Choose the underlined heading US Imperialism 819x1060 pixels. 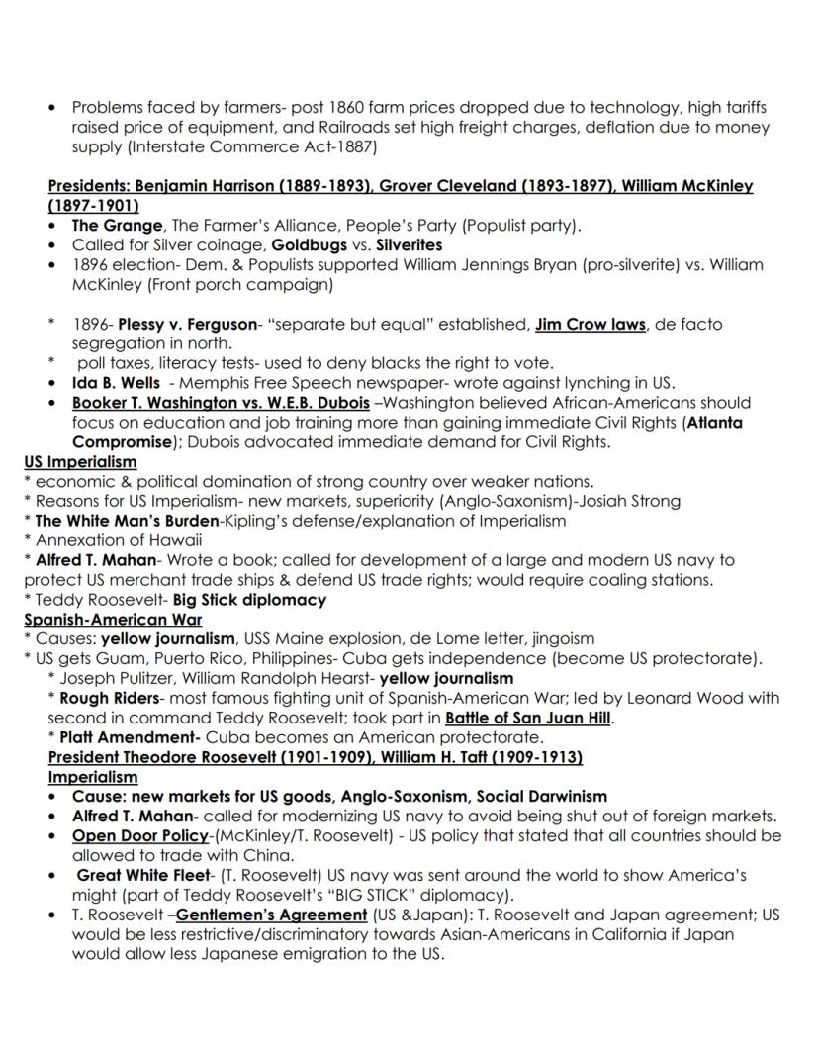coord(80,462)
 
